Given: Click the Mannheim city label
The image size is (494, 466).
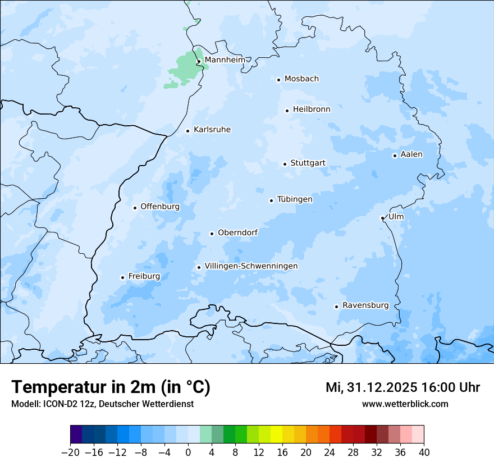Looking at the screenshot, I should click(225, 60).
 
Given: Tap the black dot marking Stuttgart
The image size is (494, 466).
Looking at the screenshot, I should click(285, 164).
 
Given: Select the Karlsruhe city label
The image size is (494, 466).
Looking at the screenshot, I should click(212, 130).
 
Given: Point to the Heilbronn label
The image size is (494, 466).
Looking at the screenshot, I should click(312, 109).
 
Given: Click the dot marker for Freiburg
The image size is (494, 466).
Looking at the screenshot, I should click(122, 277).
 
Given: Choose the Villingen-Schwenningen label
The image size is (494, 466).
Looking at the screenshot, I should click(251, 266).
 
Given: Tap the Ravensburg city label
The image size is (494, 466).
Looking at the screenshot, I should click(365, 305).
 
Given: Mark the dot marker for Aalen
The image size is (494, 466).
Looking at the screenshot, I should click(395, 156).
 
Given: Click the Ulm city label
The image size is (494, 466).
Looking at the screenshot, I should click(396, 217).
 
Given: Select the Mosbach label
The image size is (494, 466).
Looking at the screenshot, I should click(301, 79).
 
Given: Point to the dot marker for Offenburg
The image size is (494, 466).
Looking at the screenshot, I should click(135, 208).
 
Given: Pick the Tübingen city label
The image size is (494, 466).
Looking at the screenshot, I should click(295, 199).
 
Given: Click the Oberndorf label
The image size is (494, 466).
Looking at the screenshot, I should click(237, 232).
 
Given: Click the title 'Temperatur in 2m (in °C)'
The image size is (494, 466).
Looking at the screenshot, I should click(111, 387).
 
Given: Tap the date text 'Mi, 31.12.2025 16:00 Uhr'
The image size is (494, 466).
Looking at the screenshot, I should click(402, 387).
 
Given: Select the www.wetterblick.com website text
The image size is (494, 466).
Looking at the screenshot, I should click(405, 404).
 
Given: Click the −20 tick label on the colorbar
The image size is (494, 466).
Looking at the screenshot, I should click(70, 453).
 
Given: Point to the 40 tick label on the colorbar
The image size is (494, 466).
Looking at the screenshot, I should click(424, 453).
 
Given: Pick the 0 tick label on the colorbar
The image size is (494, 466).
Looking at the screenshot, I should click(188, 453).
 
